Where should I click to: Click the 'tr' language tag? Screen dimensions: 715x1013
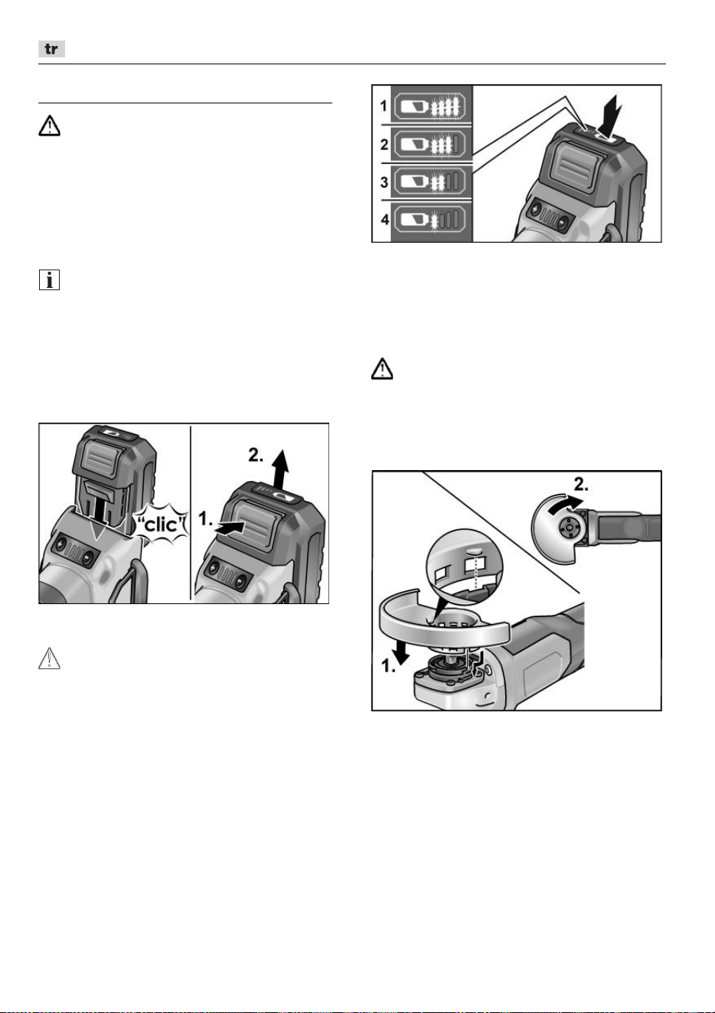pyautogui.click(x=51, y=49)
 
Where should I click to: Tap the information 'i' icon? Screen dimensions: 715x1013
pyautogui.click(x=49, y=280)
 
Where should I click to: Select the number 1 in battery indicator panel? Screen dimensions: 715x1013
pyautogui.click(x=384, y=106)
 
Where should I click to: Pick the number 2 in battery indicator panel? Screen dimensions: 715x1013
pyautogui.click(x=384, y=145)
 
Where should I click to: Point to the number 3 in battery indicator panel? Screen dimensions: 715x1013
pyautogui.click(x=384, y=182)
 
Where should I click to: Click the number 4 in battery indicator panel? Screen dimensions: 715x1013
pyautogui.click(x=384, y=220)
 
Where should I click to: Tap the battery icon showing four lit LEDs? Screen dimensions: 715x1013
pyautogui.click(x=430, y=106)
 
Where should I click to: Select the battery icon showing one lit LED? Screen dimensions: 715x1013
pyautogui.click(x=430, y=221)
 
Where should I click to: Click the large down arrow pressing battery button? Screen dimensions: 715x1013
pyautogui.click(x=611, y=116)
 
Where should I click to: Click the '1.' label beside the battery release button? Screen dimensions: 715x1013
pyautogui.click(x=205, y=518)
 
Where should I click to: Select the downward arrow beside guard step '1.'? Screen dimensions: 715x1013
pyautogui.click(x=401, y=652)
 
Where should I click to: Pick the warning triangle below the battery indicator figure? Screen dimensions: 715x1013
pyautogui.click(x=382, y=368)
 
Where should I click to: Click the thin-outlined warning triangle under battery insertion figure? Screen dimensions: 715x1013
pyautogui.click(x=49, y=658)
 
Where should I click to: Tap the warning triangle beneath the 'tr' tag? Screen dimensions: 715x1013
pyautogui.click(x=49, y=126)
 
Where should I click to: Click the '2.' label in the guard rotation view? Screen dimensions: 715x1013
pyautogui.click(x=581, y=485)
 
